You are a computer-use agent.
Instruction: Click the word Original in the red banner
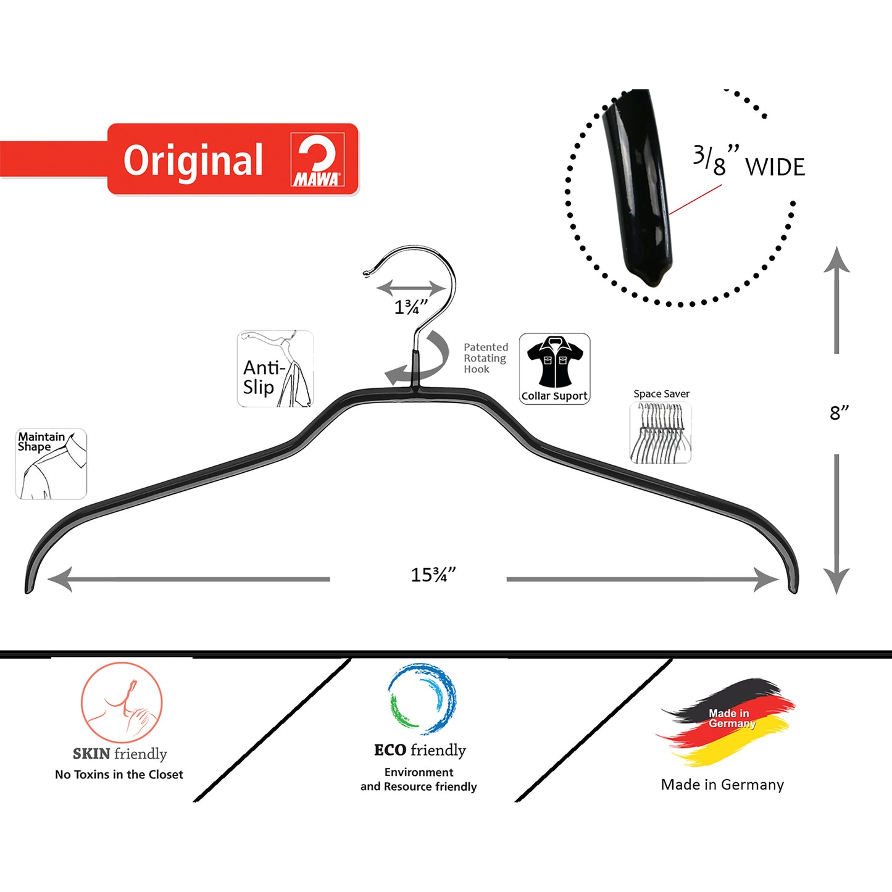coord(193,160)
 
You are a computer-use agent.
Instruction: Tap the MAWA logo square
coord(317,160)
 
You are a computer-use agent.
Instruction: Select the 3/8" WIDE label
coord(749,162)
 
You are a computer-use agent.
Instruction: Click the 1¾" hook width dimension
coord(411,307)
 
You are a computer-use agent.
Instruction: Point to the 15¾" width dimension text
coord(433,575)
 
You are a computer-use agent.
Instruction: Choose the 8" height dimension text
coord(839,412)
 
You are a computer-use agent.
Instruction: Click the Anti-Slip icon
coord(275,369)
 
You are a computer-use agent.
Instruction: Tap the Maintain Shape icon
coord(51,464)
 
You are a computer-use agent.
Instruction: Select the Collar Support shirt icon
coord(554,369)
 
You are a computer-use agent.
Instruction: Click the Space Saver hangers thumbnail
coord(660,433)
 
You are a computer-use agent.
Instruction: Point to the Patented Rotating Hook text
coord(486,358)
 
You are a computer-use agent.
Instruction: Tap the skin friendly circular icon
coord(122,702)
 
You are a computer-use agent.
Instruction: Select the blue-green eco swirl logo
coord(422,699)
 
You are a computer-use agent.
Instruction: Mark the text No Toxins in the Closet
coord(119,775)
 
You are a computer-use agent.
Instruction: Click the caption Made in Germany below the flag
coord(722,785)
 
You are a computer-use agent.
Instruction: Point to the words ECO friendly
coord(420,750)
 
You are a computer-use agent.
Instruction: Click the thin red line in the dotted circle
coord(695,199)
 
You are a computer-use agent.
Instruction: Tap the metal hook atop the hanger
coord(426,284)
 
